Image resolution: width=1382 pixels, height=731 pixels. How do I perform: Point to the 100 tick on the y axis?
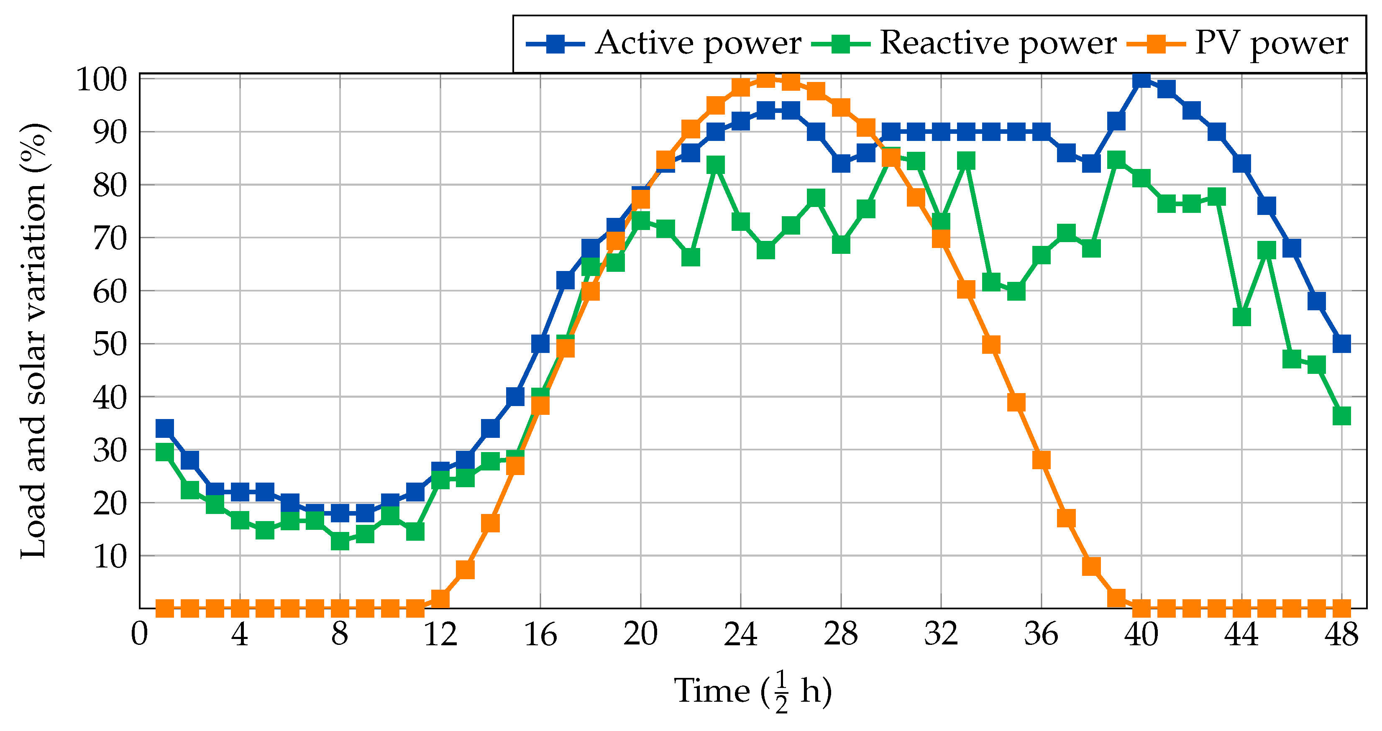pyautogui.click(x=102, y=79)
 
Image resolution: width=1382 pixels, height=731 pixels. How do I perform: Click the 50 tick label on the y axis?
pyautogui.click(x=110, y=344)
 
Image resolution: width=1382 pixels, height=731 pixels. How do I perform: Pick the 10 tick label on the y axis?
pyautogui.click(x=110, y=556)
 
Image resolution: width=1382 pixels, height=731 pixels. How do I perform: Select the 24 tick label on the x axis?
pyautogui.click(x=740, y=634)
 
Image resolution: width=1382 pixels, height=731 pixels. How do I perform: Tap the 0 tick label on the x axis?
pyautogui.click(x=139, y=634)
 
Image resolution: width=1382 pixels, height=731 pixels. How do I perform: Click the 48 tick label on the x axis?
pyautogui.click(x=1341, y=634)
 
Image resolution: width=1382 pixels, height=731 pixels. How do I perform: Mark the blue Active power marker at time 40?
pyautogui.click(x=1141, y=79)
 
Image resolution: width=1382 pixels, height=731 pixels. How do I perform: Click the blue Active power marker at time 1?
pyautogui.click(x=165, y=429)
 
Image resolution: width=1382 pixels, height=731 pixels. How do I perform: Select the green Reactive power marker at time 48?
pyautogui.click(x=1341, y=416)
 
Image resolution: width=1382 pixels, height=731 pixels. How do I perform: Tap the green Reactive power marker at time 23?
pyautogui.click(x=716, y=165)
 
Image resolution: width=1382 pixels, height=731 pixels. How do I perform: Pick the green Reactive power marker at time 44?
pyautogui.click(x=1241, y=317)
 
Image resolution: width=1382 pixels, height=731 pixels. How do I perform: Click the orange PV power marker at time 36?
pyautogui.click(x=1041, y=460)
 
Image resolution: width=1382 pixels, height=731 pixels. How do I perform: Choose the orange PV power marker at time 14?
pyautogui.click(x=490, y=523)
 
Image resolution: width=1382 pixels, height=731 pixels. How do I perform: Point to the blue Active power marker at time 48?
pyautogui.click(x=1341, y=344)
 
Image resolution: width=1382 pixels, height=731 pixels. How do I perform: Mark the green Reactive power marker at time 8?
pyautogui.click(x=340, y=542)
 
